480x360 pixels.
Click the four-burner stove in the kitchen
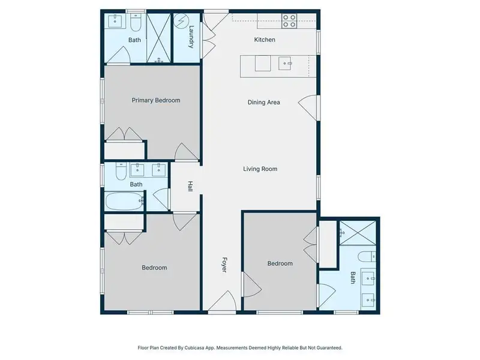coord(289,21)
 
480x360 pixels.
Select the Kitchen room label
coord(265,40)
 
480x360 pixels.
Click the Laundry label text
coord(191,37)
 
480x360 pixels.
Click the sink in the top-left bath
coord(115,22)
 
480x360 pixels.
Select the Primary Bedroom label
coord(156,100)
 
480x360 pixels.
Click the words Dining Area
coord(264,102)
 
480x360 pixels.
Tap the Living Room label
coord(260,169)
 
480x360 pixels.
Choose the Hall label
coord(190,187)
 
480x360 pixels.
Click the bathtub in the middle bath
coord(125,202)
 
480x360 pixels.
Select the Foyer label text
coord(225,265)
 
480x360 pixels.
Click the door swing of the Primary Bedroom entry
coord(185,152)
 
